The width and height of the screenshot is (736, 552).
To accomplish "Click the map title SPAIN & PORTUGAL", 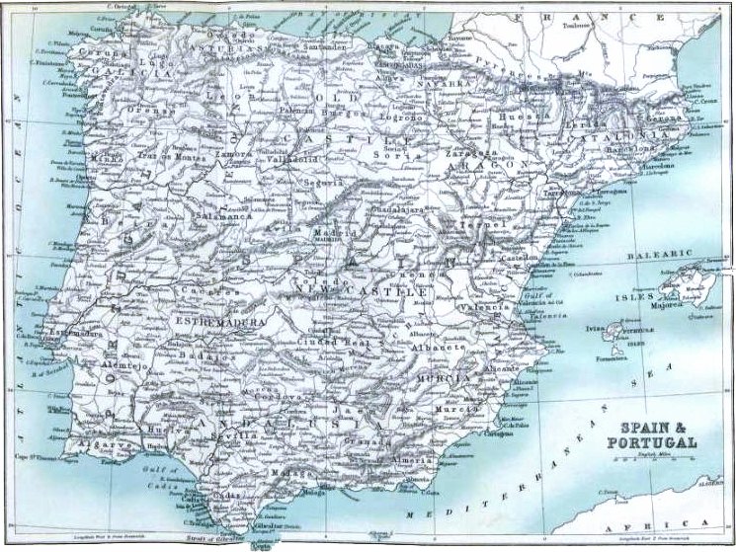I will click(657, 434).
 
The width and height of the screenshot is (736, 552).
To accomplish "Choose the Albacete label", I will click(441, 349).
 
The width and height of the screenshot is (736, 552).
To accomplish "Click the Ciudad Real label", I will click(328, 342).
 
